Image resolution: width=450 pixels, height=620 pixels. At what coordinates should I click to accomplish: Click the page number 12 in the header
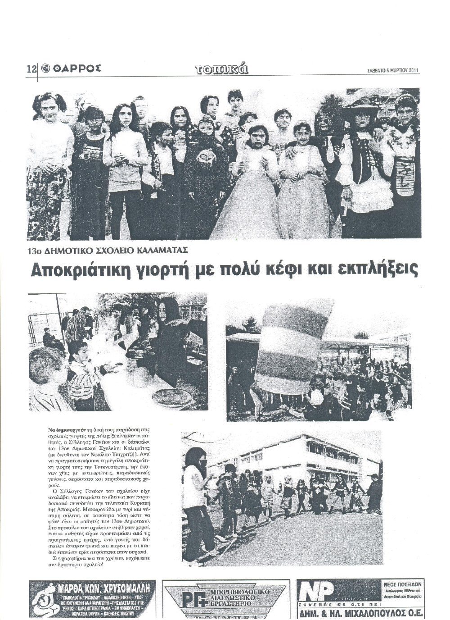tap(31, 69)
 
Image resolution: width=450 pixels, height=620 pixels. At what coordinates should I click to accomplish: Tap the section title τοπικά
tap(222, 68)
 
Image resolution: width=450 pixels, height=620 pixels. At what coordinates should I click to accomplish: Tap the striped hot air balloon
tap(295, 347)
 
